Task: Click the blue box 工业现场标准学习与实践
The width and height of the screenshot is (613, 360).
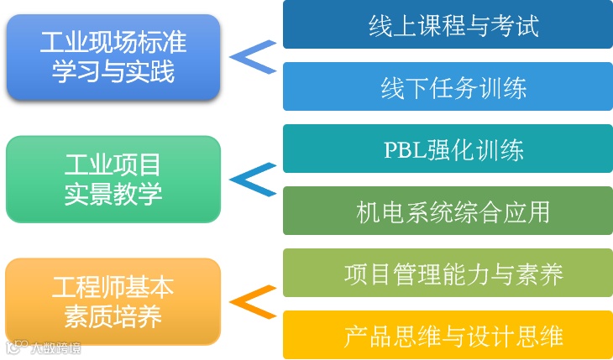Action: coord(113,56)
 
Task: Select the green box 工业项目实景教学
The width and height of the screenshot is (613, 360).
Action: coord(113,179)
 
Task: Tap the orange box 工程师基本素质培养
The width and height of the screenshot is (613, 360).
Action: coord(113,301)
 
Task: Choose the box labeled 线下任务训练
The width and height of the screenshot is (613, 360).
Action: coord(448,86)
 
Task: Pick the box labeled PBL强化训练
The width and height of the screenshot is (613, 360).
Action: coord(448,149)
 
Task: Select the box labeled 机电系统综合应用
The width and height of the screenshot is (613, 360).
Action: coord(448,211)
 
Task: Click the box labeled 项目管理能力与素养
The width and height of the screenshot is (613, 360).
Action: coord(448,273)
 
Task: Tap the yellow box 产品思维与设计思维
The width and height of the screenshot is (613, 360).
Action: coord(448,335)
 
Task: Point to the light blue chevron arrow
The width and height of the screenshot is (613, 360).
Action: coord(253,56)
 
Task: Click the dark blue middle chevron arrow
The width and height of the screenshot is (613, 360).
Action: coord(253,179)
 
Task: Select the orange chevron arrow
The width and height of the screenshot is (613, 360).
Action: coord(253,301)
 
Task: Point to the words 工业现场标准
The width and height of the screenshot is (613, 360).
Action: coord(113,40)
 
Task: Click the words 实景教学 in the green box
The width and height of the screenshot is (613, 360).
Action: coord(113,195)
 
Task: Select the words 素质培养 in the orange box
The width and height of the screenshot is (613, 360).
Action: coord(113,317)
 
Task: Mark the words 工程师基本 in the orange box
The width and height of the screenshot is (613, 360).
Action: coord(113,287)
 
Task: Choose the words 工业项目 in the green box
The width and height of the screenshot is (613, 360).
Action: coord(113,164)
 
